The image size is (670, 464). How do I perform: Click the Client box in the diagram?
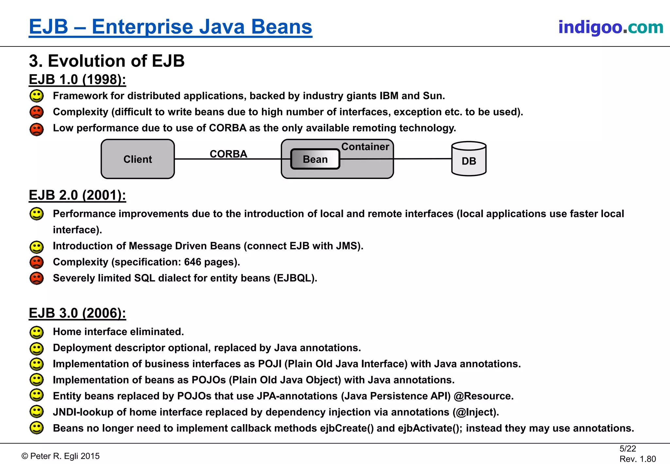pos(138,159)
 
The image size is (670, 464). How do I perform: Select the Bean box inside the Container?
pos(315,159)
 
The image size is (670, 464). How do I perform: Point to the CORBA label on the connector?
pos(228,154)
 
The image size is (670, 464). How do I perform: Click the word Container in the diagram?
pos(365,147)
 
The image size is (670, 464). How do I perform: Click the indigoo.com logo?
pos(610,27)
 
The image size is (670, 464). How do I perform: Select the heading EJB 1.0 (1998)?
pos(77,80)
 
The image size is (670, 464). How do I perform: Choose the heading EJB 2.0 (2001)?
pos(77,195)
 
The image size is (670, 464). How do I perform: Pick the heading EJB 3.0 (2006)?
pos(77,313)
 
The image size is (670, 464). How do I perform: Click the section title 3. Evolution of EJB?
pos(107,61)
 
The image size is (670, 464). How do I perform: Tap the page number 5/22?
pos(627,449)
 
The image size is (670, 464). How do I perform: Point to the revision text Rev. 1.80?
pos(638,459)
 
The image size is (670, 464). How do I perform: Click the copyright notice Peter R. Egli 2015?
pos(61,456)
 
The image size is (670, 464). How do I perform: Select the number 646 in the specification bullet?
pos(192,262)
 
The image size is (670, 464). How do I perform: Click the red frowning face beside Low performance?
pos(37,129)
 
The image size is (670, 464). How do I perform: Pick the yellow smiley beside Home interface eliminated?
pos(37,332)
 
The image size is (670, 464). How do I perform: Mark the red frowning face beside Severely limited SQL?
pos(37,278)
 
